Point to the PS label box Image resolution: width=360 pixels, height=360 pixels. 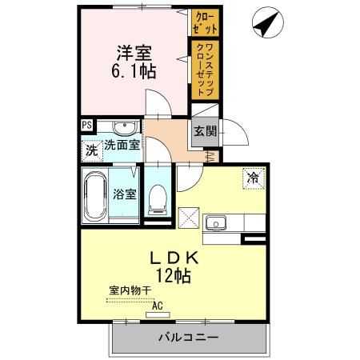86,125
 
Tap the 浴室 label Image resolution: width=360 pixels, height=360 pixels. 123,194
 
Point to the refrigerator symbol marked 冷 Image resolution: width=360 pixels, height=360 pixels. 253,179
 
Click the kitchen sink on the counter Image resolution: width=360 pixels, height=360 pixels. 216,223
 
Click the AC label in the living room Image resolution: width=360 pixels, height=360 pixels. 158,305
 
